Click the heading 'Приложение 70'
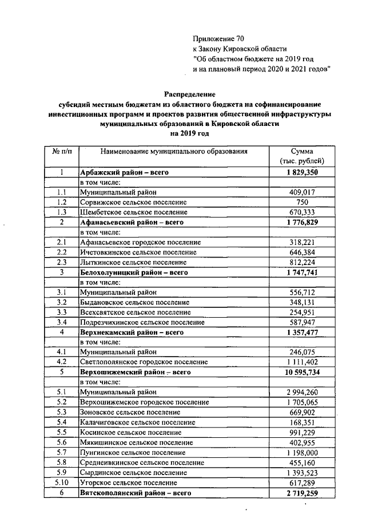pos(218,39)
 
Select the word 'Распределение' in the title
pos(189,93)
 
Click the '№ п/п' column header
pos(61,152)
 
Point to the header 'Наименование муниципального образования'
pos(174,152)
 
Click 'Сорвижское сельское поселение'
pos(133,202)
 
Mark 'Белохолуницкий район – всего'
pos(135,272)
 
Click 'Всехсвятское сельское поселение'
pos(135,313)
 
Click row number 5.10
pos(61,483)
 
